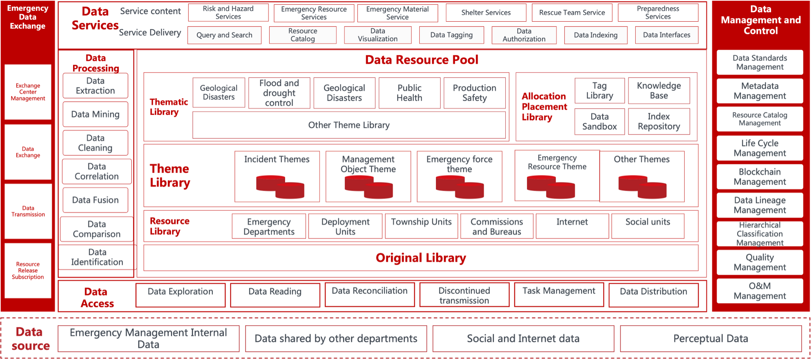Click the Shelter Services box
[486, 13]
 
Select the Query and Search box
[224, 35]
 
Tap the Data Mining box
[96, 114]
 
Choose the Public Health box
[409, 93]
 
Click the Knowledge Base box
[659, 91]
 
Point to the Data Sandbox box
[599, 122]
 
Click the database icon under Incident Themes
[280, 187]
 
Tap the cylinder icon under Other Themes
[642, 187]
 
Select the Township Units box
[421, 226]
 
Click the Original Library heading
[421, 258]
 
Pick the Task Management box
[559, 294]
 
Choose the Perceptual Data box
[711, 339]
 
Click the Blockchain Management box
[760, 177]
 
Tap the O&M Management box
[760, 291]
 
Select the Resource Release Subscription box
[28, 270]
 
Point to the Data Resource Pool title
[421, 60]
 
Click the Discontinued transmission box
[464, 295]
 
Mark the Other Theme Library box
[349, 125]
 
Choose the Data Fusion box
[96, 200]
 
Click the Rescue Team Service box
[572, 13]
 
